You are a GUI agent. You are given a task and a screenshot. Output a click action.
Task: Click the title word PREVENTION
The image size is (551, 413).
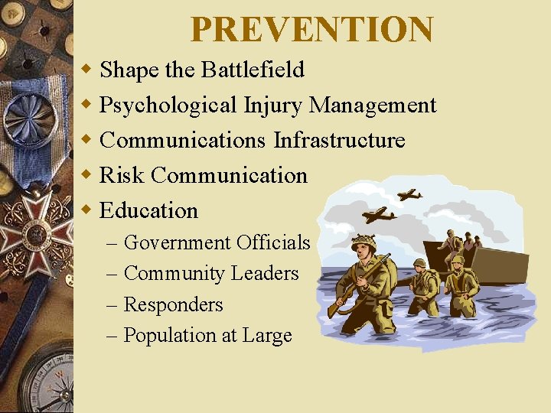pyautogui.click(x=311, y=30)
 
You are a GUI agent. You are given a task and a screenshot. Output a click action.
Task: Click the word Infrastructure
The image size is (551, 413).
pyautogui.click(x=339, y=141)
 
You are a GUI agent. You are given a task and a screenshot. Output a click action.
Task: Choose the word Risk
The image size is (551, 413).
pyautogui.click(x=122, y=176)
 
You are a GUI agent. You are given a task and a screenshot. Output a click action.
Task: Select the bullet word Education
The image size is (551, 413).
pyautogui.click(x=149, y=210)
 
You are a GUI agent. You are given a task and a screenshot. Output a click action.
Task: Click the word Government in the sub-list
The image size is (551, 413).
pyautogui.click(x=177, y=243)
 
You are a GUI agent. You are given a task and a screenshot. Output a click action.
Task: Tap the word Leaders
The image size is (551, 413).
pyautogui.click(x=265, y=274)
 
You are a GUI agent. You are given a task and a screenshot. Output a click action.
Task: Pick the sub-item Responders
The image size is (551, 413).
pyautogui.click(x=173, y=304)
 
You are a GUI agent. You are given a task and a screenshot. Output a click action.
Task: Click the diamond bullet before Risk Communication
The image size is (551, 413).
pyautogui.click(x=88, y=175)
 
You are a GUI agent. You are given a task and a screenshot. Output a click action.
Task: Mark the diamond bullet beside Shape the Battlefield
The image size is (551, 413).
pyautogui.click(x=88, y=70)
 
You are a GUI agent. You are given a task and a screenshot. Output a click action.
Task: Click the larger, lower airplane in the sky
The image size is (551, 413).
pyautogui.click(x=379, y=215)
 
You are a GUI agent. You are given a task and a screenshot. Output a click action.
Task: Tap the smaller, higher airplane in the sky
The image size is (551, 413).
pyautogui.click(x=409, y=194)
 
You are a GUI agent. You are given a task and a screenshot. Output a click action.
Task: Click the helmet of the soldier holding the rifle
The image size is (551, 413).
pyautogui.click(x=363, y=244)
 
